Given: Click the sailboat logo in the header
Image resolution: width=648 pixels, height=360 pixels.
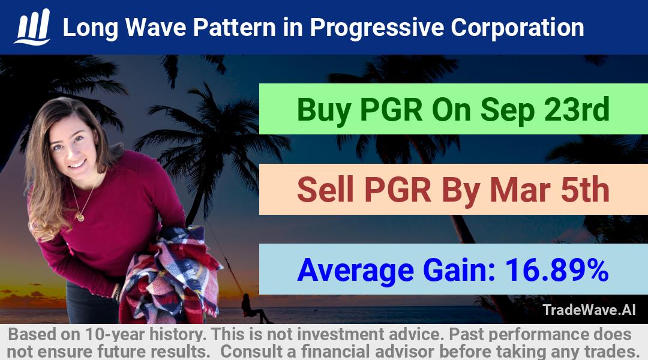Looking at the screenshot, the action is tap(32, 27).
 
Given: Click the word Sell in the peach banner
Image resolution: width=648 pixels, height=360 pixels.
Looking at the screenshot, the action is tap(326, 190).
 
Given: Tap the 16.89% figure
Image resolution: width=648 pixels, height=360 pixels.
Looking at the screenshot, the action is tap(556, 270).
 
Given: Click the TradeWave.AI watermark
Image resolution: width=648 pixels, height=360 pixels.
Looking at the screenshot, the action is tap(589, 310).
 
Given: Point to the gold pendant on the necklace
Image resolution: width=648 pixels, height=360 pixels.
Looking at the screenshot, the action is tap(80, 217).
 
